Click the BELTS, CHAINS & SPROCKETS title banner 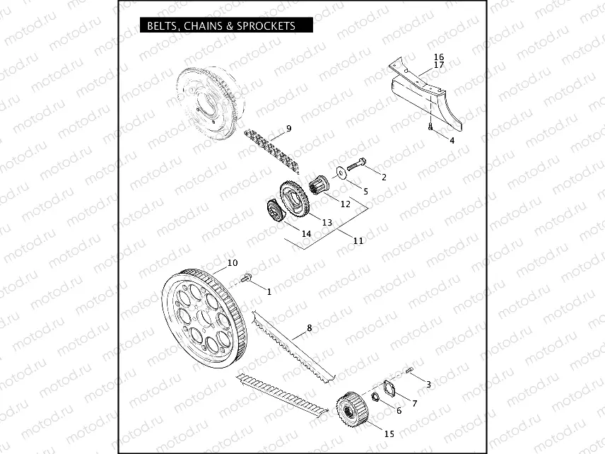[x=226, y=25]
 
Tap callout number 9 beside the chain [x=288, y=129]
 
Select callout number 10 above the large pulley [x=233, y=263]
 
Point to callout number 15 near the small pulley [x=389, y=434]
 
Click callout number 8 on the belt [x=309, y=328]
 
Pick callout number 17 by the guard [x=439, y=65]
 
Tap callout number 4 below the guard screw [x=452, y=141]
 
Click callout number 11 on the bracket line [x=358, y=240]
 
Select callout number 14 [x=306, y=233]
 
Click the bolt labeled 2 [x=357, y=165]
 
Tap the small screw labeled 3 [x=410, y=371]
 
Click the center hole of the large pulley [x=204, y=319]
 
